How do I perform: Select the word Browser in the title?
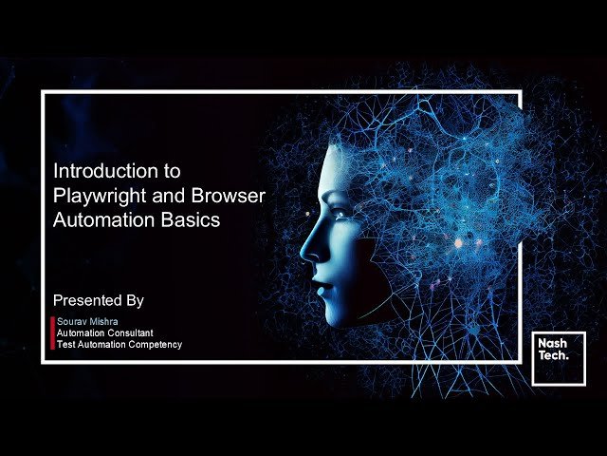pos(230,197)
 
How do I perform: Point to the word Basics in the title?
pos(193,220)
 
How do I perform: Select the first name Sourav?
pos(71,322)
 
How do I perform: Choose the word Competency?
pos(153,344)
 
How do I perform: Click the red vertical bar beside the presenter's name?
pos(52,333)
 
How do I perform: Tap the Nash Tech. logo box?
pos(559,358)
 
